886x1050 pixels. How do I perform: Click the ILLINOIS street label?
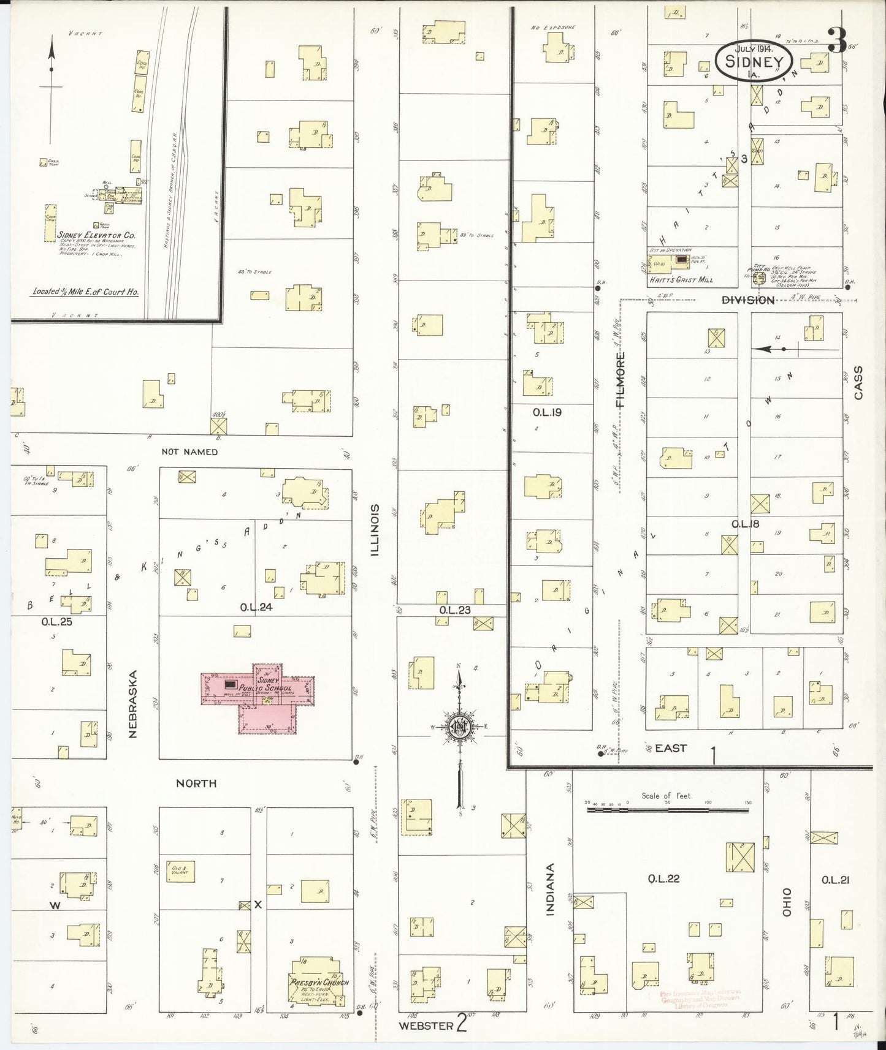(375, 531)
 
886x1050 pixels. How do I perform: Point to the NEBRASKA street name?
(134, 703)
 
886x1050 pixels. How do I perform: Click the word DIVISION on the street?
(748, 300)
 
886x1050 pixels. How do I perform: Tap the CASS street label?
(858, 383)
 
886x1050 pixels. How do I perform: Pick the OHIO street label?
(787, 902)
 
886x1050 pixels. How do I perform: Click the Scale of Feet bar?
(667, 810)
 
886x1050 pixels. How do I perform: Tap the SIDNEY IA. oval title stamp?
(754, 61)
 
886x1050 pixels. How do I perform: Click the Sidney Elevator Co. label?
(96, 235)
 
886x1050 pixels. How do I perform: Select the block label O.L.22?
(664, 879)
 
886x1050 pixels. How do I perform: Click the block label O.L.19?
(547, 412)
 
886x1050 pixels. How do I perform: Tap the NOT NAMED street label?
(189, 452)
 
